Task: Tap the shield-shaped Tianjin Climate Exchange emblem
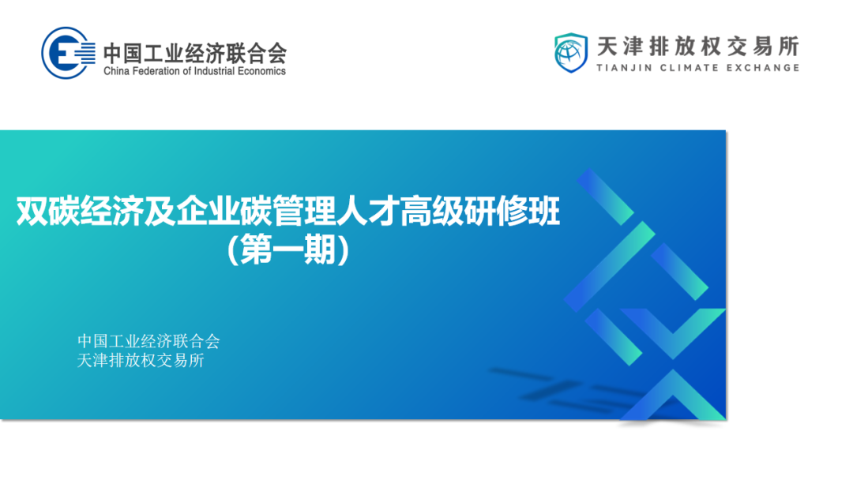[x=571, y=53]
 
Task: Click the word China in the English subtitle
[x=116, y=71]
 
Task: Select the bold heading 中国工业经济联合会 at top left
[x=195, y=53]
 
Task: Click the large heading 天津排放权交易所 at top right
[x=698, y=47]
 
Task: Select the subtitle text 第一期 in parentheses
[x=287, y=250]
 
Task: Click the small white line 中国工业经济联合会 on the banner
[x=148, y=341]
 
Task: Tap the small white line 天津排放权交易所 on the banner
[x=141, y=361]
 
